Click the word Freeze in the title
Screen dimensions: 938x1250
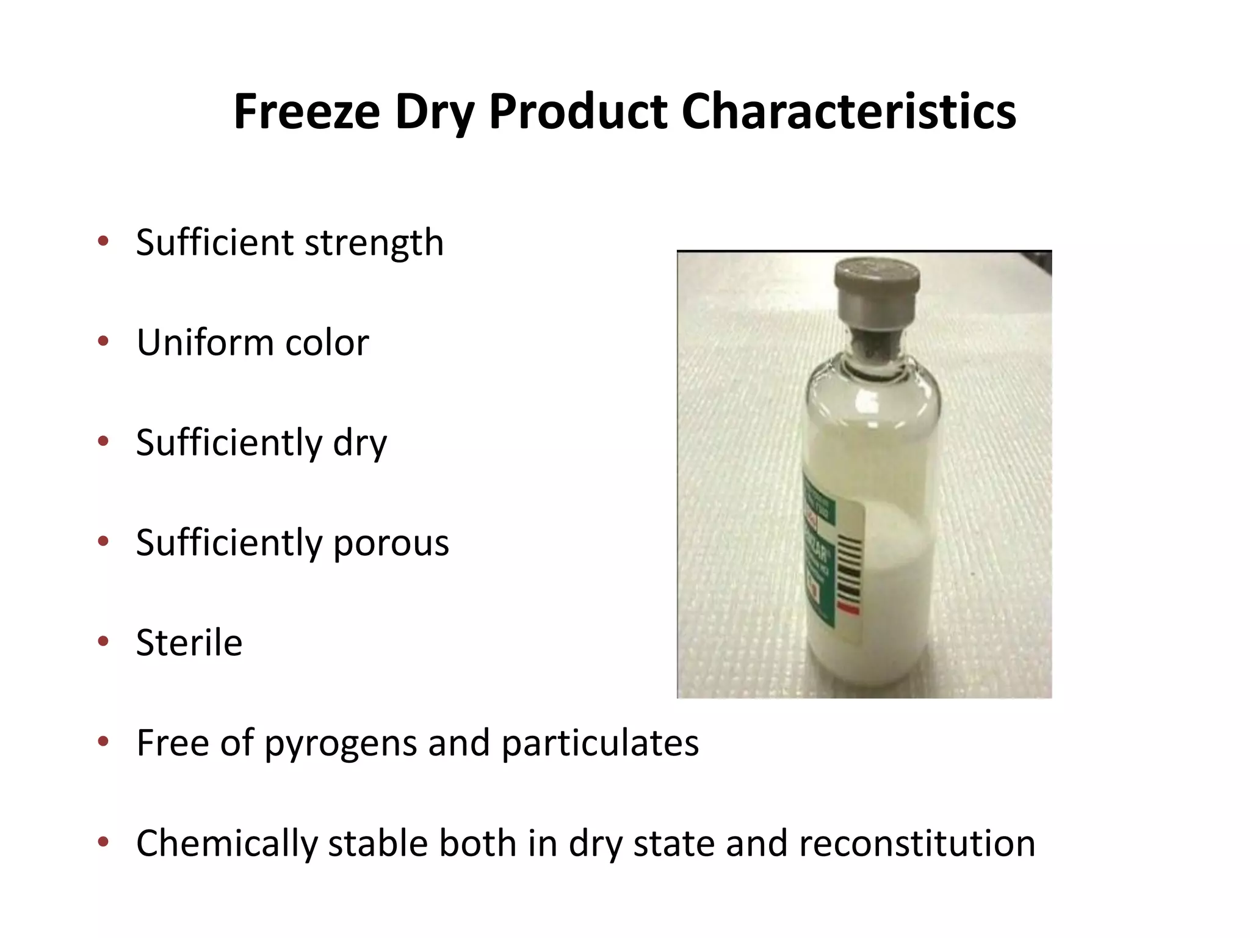(x=306, y=112)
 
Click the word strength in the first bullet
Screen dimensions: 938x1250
(x=374, y=243)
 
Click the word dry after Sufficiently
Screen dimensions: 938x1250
(x=359, y=443)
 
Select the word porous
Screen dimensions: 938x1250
(x=391, y=544)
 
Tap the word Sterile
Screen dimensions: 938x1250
(x=189, y=642)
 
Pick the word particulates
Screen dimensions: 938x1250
(x=600, y=744)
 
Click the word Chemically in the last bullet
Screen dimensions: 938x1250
(x=226, y=844)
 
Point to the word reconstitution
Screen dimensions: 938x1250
(x=916, y=844)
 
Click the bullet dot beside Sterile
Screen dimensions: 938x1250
(x=103, y=641)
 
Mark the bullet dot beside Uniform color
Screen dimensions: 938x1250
(x=103, y=341)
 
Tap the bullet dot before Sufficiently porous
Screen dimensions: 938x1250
(x=103, y=541)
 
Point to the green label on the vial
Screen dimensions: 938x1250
(x=818, y=550)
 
